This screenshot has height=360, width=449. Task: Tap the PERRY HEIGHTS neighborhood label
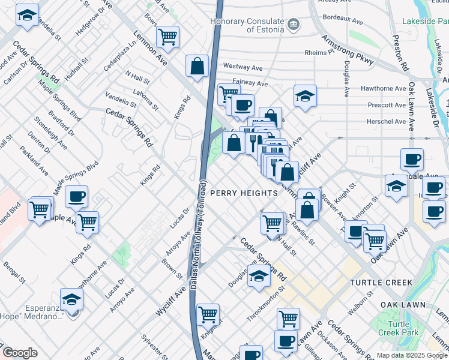(244, 193)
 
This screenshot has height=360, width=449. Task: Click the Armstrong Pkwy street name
(348, 50)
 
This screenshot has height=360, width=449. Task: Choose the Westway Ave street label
(244, 65)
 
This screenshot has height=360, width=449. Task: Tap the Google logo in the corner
(20, 353)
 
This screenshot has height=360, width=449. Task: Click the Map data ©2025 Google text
(412, 355)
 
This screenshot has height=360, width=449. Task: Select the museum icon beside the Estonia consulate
(294, 25)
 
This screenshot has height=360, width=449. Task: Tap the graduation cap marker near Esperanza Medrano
(71, 298)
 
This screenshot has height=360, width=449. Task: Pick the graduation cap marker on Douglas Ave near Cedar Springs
(259, 276)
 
